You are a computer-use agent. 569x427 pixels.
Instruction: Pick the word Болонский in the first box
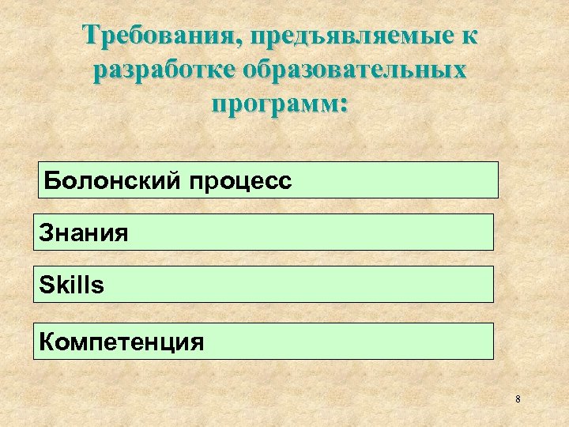(112, 181)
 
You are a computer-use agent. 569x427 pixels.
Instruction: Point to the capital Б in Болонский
(51, 180)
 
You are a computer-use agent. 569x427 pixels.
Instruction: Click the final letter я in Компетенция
(197, 342)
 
